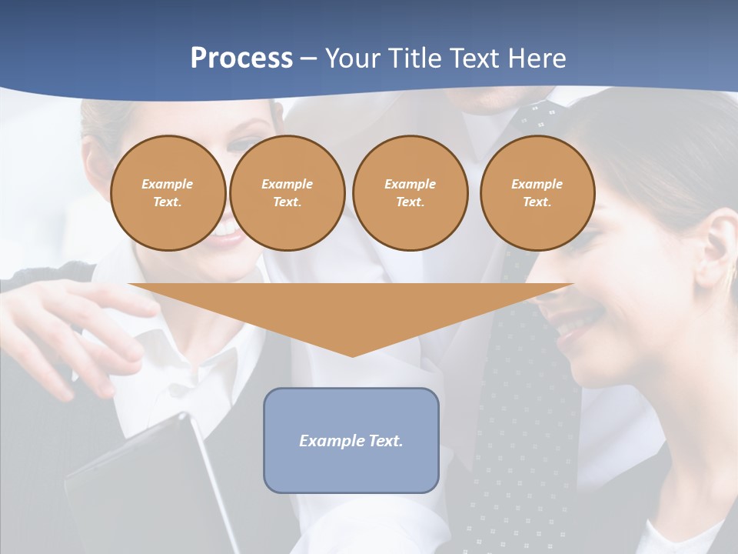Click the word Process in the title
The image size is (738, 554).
(241, 58)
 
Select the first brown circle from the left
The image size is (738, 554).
(168, 193)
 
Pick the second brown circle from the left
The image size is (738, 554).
(287, 193)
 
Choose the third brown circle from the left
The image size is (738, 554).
(410, 193)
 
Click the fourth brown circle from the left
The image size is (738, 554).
(537, 193)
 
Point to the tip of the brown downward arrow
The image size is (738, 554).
(352, 355)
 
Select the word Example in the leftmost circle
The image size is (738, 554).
(168, 184)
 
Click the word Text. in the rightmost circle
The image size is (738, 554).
(537, 202)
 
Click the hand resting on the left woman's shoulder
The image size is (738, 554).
(69, 323)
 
